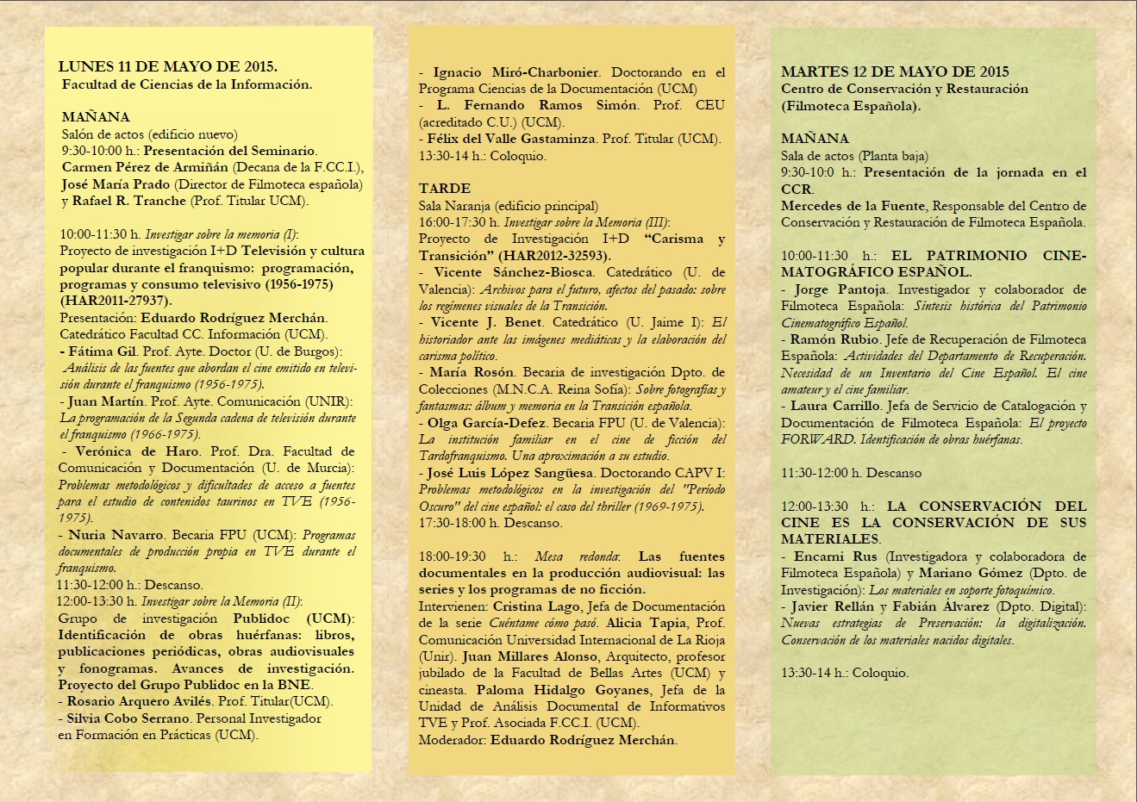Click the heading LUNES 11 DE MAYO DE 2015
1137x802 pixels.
(x=167, y=67)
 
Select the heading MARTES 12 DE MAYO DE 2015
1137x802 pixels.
(x=895, y=71)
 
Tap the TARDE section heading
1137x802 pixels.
(x=445, y=189)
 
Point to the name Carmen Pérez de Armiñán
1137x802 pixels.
(x=146, y=167)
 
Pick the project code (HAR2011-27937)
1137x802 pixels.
(x=116, y=301)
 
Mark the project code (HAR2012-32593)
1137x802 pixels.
(x=556, y=256)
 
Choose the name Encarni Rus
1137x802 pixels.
(x=835, y=556)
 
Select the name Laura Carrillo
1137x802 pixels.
(x=835, y=406)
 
